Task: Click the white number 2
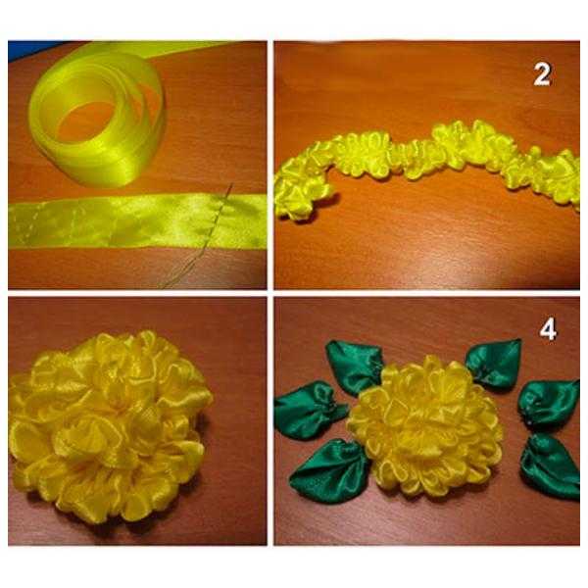[542, 74]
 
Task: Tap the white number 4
[548, 330]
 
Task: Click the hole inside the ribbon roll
[85, 121]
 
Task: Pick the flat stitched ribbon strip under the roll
[137, 220]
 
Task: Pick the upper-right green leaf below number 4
[494, 363]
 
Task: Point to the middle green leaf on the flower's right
[548, 403]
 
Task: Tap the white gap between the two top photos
[270, 165]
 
